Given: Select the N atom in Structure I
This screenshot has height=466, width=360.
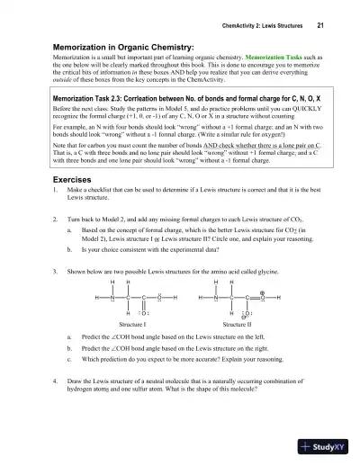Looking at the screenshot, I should (x=110, y=297).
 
